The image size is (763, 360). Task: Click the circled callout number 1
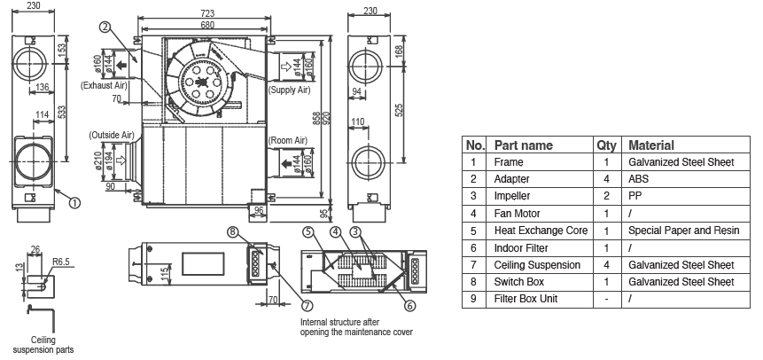[x=74, y=202]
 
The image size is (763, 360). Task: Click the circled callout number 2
[x=105, y=27]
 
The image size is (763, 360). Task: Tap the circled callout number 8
[x=233, y=233]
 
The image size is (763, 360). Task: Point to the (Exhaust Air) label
[x=104, y=86]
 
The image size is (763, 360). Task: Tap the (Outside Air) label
[x=111, y=135]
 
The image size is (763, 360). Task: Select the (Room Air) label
[x=288, y=140]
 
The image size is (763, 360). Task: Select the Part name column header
[x=523, y=145]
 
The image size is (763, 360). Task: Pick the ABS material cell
[x=639, y=179]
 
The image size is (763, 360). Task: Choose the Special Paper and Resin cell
[x=683, y=231]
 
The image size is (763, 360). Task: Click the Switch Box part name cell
[x=520, y=282]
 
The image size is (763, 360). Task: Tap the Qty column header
[x=606, y=145]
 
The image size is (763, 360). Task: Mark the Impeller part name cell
[x=515, y=196]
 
